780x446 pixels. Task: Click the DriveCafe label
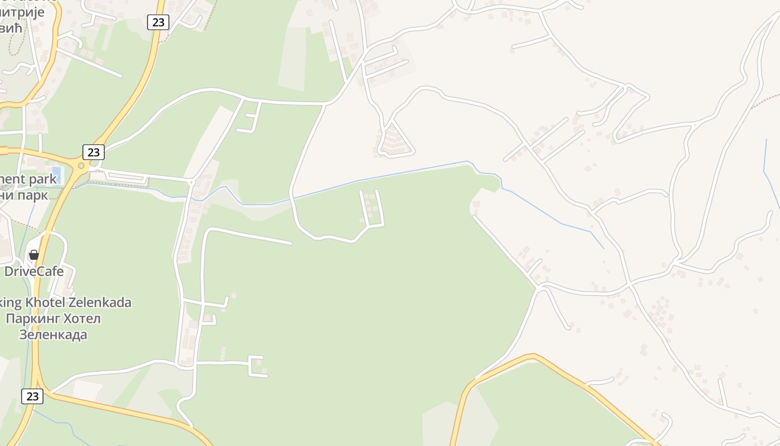coord(33,272)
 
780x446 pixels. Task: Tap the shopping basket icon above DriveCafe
coord(34,255)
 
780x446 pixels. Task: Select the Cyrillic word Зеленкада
coord(53,334)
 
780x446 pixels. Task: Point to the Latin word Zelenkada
coord(100,303)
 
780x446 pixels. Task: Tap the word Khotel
coord(45,303)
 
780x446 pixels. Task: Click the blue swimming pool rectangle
coord(56,174)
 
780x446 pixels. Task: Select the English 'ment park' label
coord(28,179)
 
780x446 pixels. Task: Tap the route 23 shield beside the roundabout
coord(93,152)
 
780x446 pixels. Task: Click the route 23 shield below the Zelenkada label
coord(32,396)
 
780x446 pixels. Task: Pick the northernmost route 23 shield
coord(159,22)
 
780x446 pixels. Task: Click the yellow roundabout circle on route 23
coord(81,166)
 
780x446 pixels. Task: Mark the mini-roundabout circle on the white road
coord(191,182)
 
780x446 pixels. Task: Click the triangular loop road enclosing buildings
coord(395,140)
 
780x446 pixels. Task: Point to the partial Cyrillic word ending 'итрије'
coord(25,11)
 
